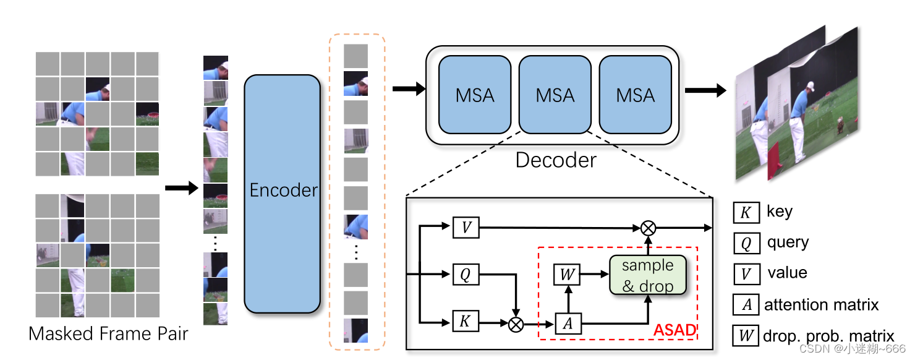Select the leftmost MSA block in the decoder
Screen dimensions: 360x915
tap(475, 95)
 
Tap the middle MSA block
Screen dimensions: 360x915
tap(555, 95)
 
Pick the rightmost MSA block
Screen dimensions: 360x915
tap(636, 95)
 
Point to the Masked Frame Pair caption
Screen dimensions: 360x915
tap(108, 334)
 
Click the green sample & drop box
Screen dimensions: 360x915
tap(648, 275)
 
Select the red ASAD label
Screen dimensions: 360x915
tap(675, 330)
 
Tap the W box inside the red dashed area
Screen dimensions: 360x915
tap(568, 273)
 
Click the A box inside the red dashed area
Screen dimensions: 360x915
tap(568, 323)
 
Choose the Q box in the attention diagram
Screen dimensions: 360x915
tap(466, 274)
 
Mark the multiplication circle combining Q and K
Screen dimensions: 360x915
tap(516, 323)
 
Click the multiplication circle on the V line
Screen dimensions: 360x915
tap(647, 228)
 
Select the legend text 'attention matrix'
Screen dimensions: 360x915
tap(821, 305)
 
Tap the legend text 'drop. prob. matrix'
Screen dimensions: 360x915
tap(828, 336)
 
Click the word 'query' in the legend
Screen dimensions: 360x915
tap(788, 242)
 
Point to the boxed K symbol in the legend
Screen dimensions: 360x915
tap(746, 212)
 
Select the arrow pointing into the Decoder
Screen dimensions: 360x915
tap(409, 89)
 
